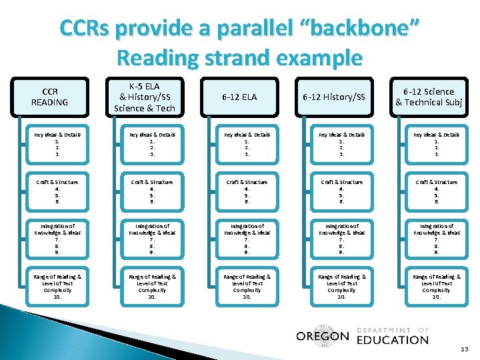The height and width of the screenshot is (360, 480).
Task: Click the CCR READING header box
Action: coord(50,97)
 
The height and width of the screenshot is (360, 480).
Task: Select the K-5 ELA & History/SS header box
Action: coord(145,97)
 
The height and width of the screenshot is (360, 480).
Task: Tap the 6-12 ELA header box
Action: coord(241,97)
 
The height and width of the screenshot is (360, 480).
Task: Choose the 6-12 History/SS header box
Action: coord(335,97)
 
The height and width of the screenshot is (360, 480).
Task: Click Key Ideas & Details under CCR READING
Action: coord(57,144)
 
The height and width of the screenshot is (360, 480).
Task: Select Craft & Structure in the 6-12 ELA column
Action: coord(247,191)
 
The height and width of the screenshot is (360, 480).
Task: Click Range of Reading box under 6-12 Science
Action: coord(437,287)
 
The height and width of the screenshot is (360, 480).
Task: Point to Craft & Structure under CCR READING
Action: coord(57,191)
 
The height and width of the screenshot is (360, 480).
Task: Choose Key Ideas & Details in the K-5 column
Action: coord(152,144)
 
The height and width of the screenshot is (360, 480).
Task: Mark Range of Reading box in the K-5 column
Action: coord(152,287)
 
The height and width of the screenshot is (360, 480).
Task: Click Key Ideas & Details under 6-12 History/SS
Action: coord(342,144)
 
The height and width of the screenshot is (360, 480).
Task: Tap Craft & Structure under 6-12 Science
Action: coord(437,191)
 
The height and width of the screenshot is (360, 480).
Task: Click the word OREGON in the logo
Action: coord(323,336)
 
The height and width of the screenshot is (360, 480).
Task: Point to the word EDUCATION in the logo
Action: coord(393,340)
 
